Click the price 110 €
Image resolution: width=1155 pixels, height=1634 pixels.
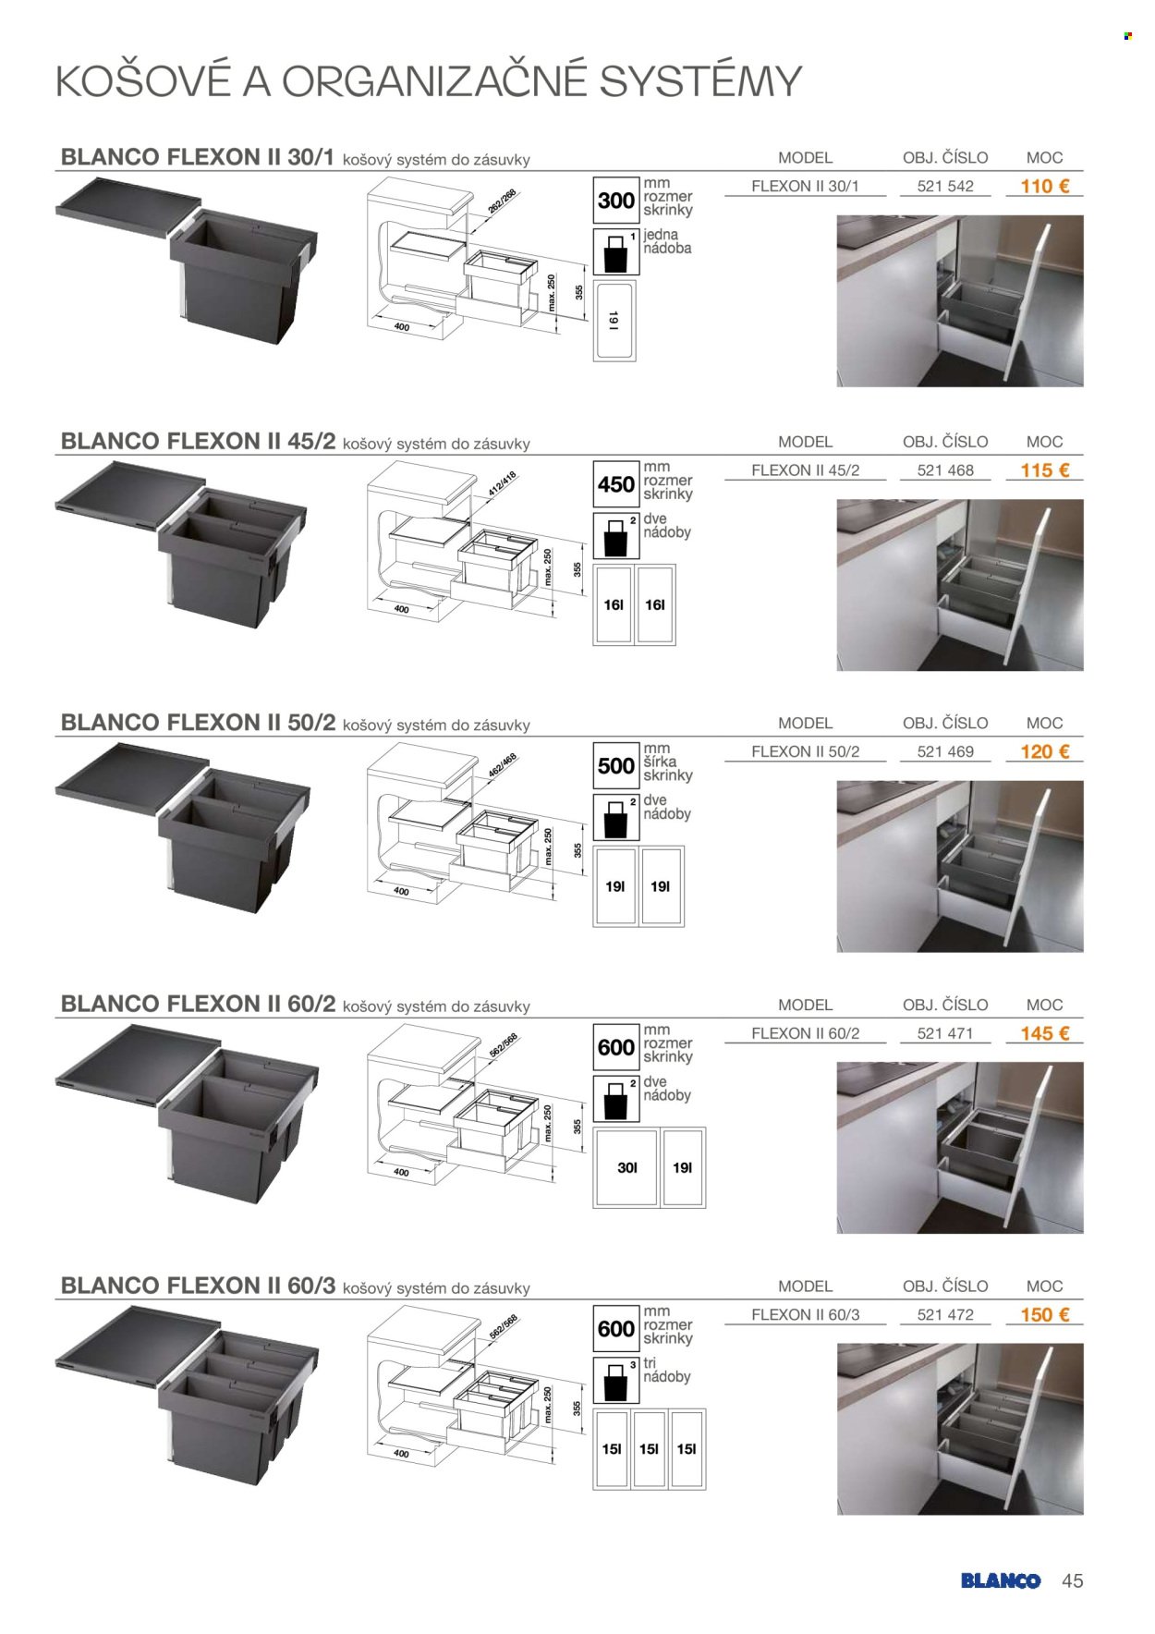1044,186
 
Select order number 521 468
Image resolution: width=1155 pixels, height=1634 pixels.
945,470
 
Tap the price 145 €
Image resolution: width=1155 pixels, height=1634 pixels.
1044,1033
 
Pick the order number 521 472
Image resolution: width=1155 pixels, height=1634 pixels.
945,1314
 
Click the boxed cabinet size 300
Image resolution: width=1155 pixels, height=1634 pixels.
615,201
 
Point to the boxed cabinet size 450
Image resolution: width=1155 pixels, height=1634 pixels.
615,484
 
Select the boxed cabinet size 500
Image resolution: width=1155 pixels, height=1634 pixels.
615,766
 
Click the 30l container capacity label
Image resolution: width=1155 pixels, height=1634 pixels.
626,1168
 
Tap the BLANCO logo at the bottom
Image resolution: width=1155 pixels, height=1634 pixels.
1001,1580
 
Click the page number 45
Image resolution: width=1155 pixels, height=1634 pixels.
1072,1580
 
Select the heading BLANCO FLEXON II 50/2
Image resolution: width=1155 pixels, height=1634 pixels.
198,722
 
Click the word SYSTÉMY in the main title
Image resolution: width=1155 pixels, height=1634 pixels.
700,81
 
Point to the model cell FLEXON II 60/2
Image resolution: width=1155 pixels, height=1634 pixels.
805,1033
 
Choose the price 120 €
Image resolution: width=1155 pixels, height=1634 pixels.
1044,751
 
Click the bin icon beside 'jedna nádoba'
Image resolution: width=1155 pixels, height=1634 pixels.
615,252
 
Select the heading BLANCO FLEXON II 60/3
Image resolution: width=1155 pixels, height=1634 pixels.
198,1286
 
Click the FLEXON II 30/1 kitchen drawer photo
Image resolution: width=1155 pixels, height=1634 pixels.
960,301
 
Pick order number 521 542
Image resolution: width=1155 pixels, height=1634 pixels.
945,186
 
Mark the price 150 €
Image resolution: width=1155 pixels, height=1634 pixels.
1044,1314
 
